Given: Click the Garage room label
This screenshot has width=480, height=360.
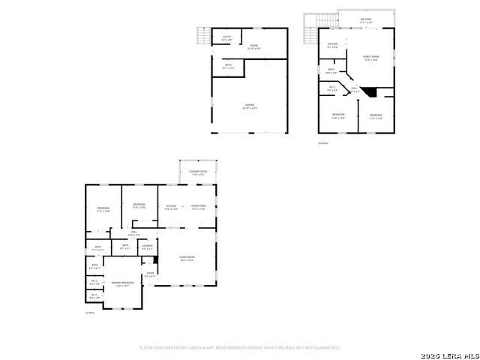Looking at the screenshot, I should (x=250, y=106).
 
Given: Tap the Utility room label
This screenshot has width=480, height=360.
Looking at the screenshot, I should (x=226, y=37).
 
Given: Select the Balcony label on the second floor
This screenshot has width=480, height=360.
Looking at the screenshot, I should (x=366, y=20).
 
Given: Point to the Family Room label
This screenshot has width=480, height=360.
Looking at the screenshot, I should (x=370, y=58).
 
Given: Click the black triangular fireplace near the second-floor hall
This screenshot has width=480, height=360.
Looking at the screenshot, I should (x=369, y=91).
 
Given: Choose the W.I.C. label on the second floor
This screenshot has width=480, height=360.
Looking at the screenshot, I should (x=332, y=88).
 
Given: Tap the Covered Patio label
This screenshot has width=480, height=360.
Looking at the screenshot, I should (x=197, y=173).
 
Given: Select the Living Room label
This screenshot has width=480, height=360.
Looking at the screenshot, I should (x=187, y=259).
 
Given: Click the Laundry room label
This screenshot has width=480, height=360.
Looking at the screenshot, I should (x=147, y=247).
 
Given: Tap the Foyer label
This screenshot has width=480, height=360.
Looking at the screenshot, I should (x=150, y=274).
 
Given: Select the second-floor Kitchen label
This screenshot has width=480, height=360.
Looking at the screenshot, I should (x=332, y=46).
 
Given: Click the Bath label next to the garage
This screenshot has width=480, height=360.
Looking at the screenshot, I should (x=228, y=67).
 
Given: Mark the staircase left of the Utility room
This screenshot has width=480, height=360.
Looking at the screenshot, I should (x=203, y=37).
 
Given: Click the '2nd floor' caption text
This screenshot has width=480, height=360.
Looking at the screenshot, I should (x=323, y=142).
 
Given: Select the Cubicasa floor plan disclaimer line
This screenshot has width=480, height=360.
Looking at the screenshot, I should (x=240, y=348).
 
